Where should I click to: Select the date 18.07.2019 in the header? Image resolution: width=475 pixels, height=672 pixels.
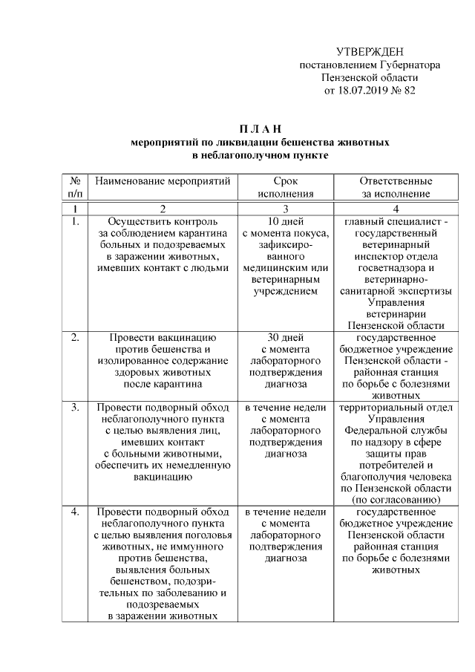pyautogui.click(x=363, y=91)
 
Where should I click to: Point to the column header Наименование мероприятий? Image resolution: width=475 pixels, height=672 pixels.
pyautogui.click(x=163, y=180)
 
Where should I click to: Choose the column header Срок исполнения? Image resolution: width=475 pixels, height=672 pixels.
pyautogui.click(x=286, y=186)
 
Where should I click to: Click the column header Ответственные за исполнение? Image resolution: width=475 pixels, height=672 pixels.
pyautogui.click(x=396, y=186)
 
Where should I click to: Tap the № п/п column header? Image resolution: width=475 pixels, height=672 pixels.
pyautogui.click(x=75, y=186)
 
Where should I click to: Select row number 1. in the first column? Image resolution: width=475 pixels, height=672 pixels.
pyautogui.click(x=75, y=221)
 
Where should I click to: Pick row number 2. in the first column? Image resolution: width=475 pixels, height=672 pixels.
pyautogui.click(x=75, y=337)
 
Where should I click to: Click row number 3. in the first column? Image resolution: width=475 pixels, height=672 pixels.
pyautogui.click(x=75, y=408)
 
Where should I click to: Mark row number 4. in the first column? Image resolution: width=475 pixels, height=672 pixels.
pyautogui.click(x=75, y=512)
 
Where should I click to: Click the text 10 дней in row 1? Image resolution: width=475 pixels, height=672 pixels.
pyautogui.click(x=286, y=221)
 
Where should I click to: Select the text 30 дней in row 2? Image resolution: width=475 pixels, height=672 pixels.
pyautogui.click(x=286, y=337)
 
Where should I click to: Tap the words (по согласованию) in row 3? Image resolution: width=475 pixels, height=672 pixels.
pyautogui.click(x=396, y=500)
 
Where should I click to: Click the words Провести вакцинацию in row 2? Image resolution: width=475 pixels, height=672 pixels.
pyautogui.click(x=163, y=337)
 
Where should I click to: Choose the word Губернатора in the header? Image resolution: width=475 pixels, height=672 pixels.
pyautogui.click(x=405, y=65)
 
